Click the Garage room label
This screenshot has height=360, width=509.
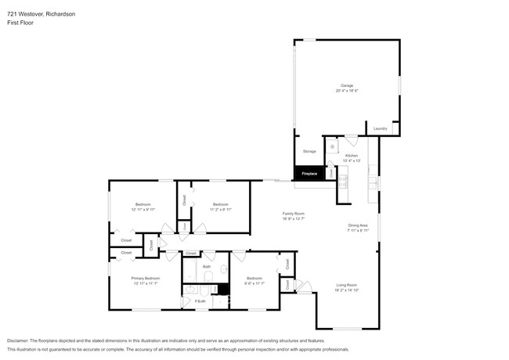346,85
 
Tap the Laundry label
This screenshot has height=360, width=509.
381,128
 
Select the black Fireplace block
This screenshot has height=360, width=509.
309,174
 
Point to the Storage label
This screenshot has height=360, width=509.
309,151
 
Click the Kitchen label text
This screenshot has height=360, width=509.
352,156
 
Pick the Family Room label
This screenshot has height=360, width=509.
294,214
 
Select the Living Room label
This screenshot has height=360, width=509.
347,285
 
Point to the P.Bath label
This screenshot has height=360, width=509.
201,301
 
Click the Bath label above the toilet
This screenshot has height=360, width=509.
207,267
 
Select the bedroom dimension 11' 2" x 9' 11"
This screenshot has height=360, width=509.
220,210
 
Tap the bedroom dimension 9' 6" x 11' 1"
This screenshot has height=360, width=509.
254,283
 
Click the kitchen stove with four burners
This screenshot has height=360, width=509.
342,180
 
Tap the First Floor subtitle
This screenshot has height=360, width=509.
21,23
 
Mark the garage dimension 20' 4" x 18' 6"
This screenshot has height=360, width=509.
346,91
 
